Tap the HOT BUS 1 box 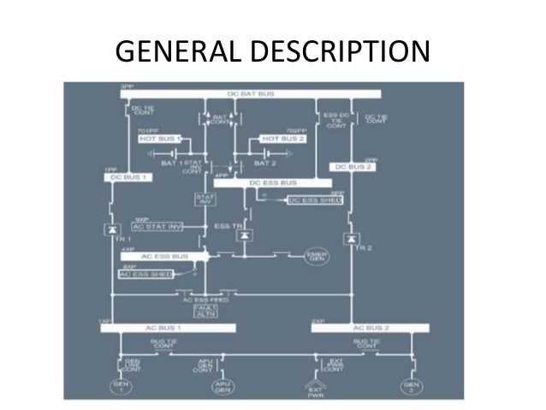tap(163, 139)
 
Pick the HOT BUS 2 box tap(281, 139)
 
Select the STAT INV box tap(204, 199)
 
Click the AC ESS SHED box tap(145, 274)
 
